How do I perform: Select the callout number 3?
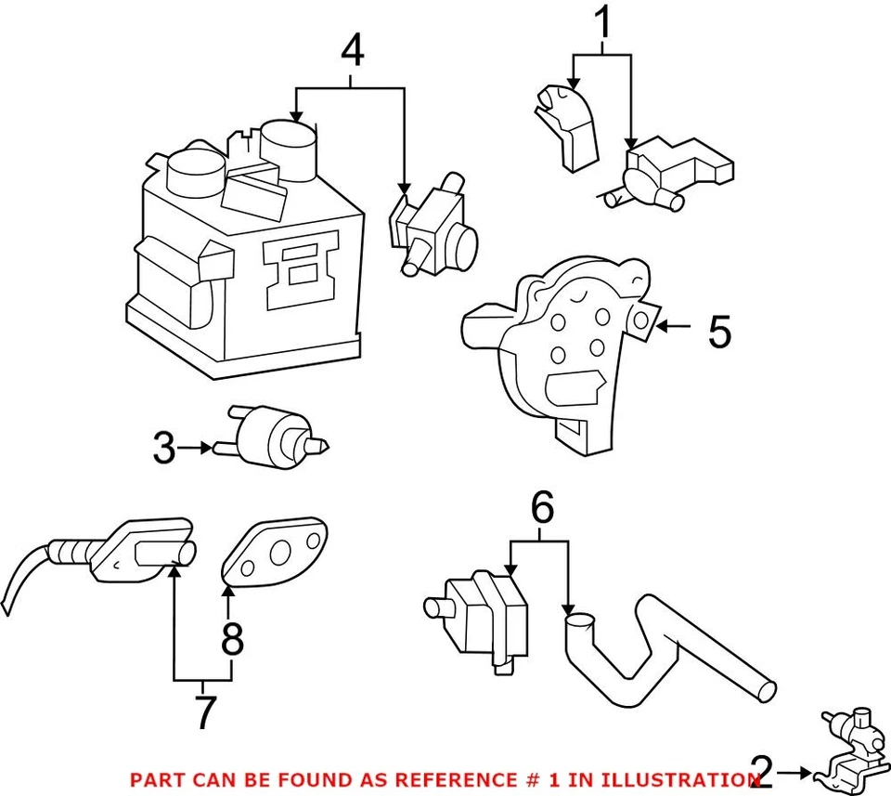pos(164,450)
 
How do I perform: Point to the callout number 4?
pos(352,53)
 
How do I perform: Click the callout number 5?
pos(719,332)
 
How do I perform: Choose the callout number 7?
pos(205,711)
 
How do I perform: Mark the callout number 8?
pos(232,638)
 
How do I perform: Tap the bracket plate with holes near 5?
pos(557,344)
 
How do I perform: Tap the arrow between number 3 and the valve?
pos(195,449)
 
